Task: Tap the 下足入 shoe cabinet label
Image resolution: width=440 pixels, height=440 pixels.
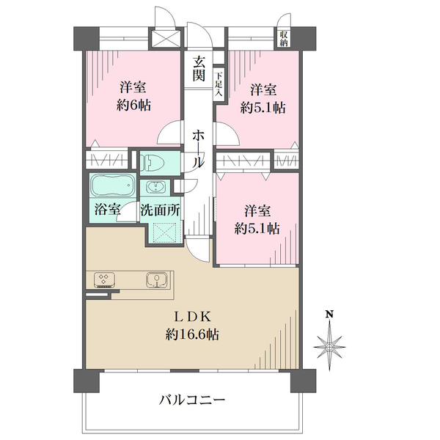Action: (x=219, y=85)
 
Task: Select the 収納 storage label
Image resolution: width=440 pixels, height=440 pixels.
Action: (x=283, y=39)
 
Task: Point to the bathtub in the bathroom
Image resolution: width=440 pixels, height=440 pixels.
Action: (x=112, y=186)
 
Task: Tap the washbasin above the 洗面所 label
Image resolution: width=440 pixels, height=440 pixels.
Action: (x=155, y=187)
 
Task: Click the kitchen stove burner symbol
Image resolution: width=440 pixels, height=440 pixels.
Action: (x=104, y=279)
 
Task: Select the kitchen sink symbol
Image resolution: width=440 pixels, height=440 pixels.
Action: (x=157, y=280)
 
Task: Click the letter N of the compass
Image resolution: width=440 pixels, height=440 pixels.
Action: (x=329, y=314)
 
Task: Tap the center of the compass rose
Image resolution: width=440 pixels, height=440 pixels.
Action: (x=329, y=348)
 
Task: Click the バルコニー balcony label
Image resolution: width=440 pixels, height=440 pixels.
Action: (x=192, y=400)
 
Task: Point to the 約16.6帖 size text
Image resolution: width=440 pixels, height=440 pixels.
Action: (x=192, y=334)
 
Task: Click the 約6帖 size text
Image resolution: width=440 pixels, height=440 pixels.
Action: (x=134, y=106)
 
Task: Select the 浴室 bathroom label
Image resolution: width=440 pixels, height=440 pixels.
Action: (x=108, y=210)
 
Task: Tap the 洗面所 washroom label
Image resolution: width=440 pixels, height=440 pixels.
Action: (x=160, y=210)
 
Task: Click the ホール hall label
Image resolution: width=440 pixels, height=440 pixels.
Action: (x=198, y=150)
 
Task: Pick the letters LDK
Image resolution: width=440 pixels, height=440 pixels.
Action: (x=192, y=318)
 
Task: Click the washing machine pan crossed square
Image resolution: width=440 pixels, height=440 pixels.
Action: (x=165, y=232)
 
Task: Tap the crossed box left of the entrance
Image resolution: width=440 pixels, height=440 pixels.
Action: (x=166, y=39)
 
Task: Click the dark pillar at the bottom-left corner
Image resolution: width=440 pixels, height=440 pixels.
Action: (x=87, y=381)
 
